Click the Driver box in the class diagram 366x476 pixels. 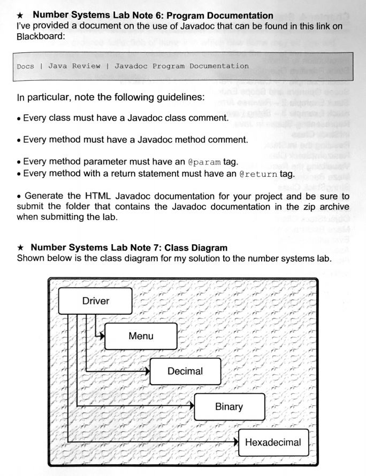(x=95, y=301)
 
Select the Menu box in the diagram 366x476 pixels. (x=140, y=336)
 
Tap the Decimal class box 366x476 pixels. (x=185, y=371)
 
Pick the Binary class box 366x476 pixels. (x=228, y=407)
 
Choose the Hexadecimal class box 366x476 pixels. (x=273, y=442)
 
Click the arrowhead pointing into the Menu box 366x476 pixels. (x=101, y=337)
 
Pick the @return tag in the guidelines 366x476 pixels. (x=257, y=174)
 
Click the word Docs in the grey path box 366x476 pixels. (x=26, y=66)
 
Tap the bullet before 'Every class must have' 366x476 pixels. (x=19, y=118)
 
